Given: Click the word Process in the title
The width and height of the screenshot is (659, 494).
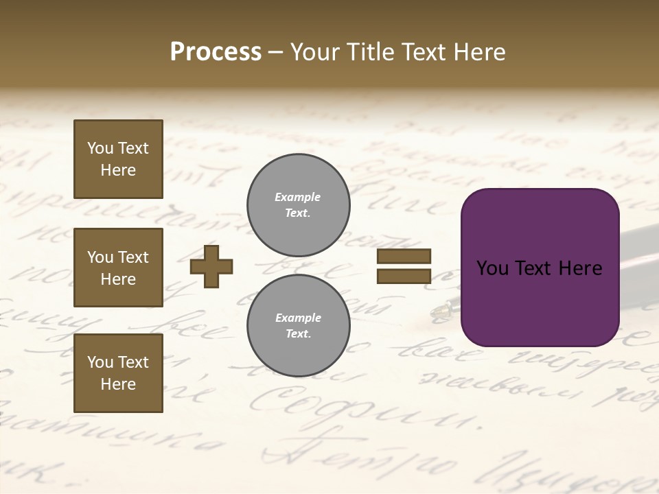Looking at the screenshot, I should tap(216, 52).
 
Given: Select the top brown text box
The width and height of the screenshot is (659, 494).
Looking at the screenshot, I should tap(118, 159).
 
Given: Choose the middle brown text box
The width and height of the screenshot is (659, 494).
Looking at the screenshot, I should tap(118, 268).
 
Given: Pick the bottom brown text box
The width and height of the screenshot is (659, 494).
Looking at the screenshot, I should tap(118, 373).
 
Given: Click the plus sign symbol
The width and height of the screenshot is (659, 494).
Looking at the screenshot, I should tap(211, 266).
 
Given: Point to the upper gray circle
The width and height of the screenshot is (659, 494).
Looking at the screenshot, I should tap(298, 205).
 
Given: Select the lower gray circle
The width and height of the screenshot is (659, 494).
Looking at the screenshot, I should tap(298, 326).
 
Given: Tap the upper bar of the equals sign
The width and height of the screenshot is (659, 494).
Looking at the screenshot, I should tap(404, 256).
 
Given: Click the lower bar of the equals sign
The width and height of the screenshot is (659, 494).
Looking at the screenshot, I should tap(404, 277).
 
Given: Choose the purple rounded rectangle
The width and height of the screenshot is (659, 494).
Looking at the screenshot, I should tap(540, 268).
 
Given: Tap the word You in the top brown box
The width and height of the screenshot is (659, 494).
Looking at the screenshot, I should tap(100, 148).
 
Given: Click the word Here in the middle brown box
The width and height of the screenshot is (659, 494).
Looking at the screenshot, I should tap(118, 279).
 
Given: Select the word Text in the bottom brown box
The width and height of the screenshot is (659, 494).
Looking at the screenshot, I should tap(132, 362).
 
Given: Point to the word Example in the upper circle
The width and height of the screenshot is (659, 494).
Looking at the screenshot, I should tap(298, 197).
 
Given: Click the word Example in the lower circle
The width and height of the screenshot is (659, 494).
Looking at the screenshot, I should tap(298, 318).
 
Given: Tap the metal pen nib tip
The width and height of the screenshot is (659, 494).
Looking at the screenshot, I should tap(438, 313).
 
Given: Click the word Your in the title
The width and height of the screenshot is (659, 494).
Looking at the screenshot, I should tap(315, 52).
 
